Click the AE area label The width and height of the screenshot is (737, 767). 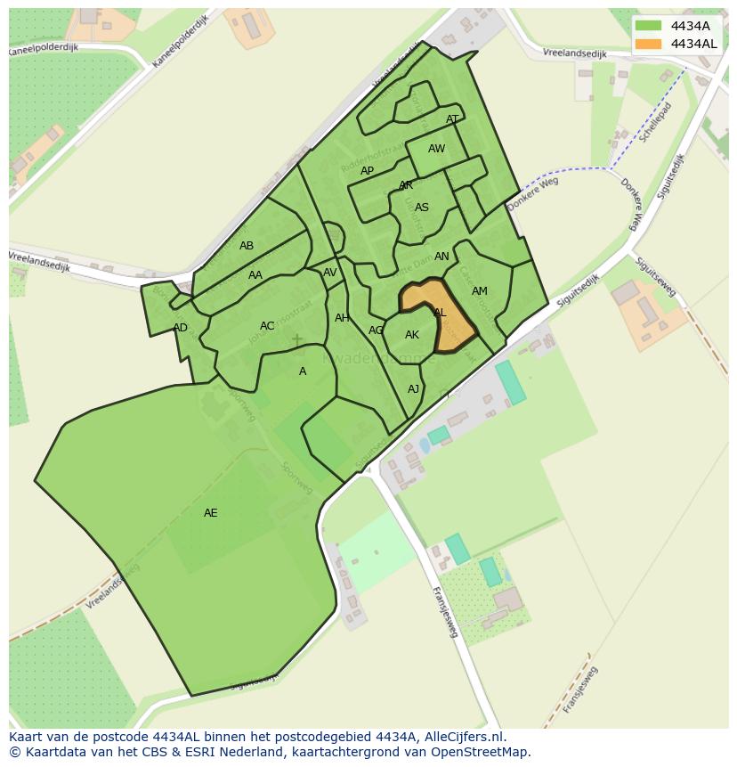pyautogui.click(x=210, y=513)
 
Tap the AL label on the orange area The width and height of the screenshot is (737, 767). pyautogui.click(x=440, y=313)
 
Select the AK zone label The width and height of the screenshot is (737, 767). pyautogui.click(x=412, y=335)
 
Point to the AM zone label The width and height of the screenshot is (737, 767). pyautogui.click(x=480, y=291)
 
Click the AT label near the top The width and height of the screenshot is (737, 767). pyautogui.click(x=452, y=119)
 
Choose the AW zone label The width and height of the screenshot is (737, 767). pyautogui.click(x=436, y=149)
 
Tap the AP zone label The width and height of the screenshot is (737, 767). pyautogui.click(x=367, y=171)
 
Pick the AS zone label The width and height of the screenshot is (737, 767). pyautogui.click(x=422, y=208)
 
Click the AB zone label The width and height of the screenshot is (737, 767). pyautogui.click(x=247, y=246)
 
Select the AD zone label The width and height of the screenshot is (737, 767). pyautogui.click(x=181, y=328)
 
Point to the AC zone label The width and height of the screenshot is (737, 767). pyautogui.click(x=267, y=326)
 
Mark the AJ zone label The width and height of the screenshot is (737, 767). pyautogui.click(x=413, y=389)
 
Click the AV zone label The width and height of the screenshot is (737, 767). pyautogui.click(x=330, y=273)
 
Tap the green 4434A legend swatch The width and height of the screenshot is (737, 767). pyautogui.click(x=648, y=26)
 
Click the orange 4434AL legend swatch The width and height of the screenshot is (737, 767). pyautogui.click(x=648, y=44)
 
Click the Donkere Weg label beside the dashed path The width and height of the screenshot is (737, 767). pyautogui.click(x=532, y=193)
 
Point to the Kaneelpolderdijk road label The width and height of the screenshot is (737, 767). pyautogui.click(x=180, y=41)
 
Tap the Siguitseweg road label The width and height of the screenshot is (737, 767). pyautogui.click(x=656, y=276)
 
